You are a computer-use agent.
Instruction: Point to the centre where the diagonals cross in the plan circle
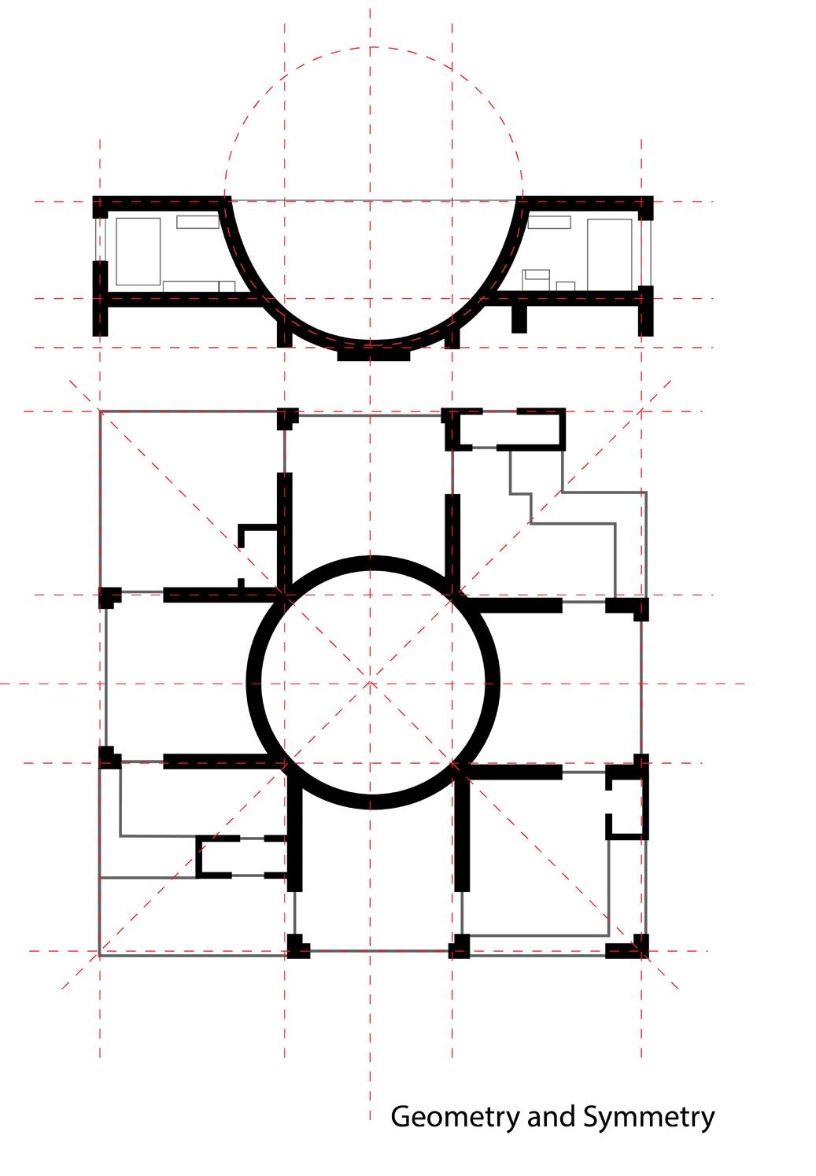point(370,683)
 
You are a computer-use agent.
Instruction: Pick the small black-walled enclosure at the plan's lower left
point(242,857)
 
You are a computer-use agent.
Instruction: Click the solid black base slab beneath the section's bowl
point(373,355)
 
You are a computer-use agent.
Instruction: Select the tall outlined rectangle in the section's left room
point(138,252)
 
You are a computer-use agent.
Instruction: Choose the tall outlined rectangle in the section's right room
point(610,255)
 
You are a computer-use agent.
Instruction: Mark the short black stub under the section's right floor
point(519,319)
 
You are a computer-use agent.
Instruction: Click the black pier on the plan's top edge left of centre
point(287,418)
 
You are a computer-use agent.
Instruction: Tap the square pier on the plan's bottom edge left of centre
point(297,946)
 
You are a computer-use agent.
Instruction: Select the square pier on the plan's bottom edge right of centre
point(460,946)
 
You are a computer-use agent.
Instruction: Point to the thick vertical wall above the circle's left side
point(285,534)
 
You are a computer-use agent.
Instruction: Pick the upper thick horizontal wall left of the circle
point(223,595)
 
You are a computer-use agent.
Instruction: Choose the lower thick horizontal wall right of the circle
point(513,772)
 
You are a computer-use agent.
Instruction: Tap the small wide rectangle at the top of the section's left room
point(198,222)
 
